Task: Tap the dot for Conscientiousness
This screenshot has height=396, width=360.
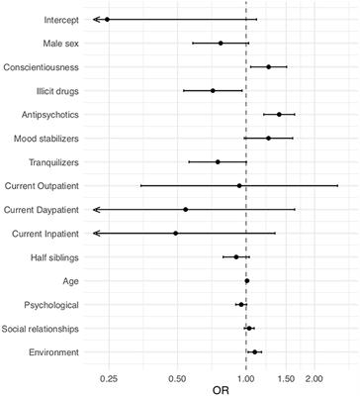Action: (268, 67)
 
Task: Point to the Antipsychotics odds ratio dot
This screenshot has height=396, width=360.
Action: (279, 115)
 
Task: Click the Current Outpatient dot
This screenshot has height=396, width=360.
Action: (239, 186)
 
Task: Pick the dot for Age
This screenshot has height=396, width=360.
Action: (247, 281)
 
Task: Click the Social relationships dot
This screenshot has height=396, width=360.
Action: (249, 329)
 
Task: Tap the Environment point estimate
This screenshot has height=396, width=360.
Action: (255, 352)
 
